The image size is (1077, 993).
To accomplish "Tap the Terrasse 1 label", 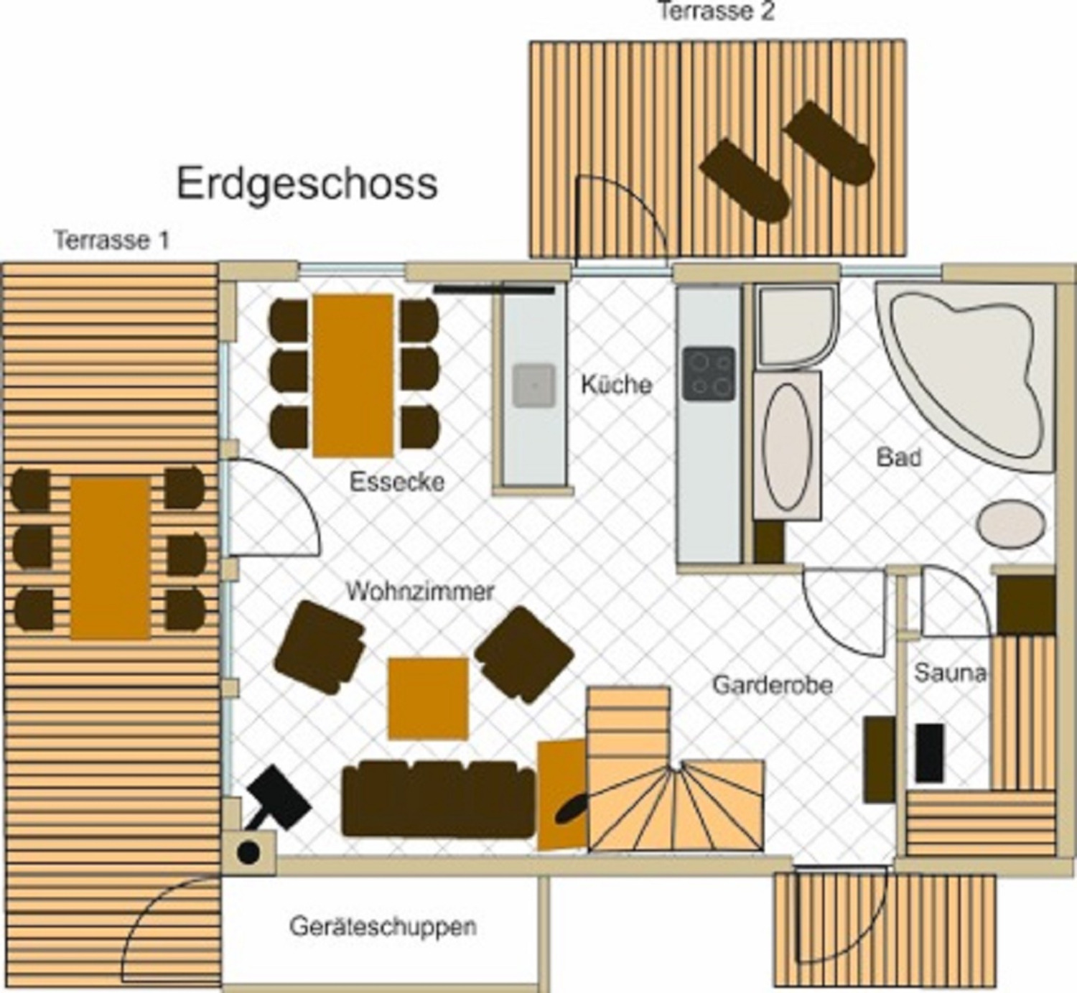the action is click(112, 241).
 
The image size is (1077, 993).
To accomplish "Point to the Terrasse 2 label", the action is click(717, 11).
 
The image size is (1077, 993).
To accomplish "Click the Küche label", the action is click(617, 385).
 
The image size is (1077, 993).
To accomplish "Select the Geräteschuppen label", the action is click(383, 927).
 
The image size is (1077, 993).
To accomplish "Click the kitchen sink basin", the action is click(534, 386).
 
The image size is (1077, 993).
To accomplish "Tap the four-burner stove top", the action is click(709, 374).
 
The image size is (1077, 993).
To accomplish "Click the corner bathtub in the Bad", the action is click(965, 374).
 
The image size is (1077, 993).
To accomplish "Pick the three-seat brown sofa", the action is click(438, 799).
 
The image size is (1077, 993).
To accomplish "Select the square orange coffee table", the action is click(429, 699).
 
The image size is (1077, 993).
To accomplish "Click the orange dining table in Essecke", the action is click(353, 376).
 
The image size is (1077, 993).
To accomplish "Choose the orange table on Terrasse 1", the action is click(110, 559).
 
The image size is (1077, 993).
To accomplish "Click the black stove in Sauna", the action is click(930, 753).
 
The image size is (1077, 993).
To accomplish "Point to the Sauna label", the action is click(950, 673).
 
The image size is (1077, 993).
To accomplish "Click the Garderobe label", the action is click(773, 685).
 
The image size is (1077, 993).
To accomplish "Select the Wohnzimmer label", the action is click(420, 591).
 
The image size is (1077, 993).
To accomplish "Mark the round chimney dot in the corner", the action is click(249, 853).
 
